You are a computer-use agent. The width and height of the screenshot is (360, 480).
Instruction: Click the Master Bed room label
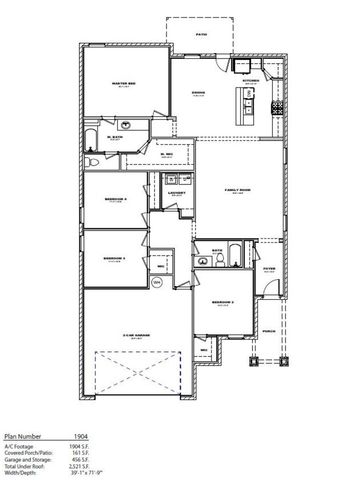point(123,83)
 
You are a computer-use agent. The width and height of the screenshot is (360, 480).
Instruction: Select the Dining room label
point(198,94)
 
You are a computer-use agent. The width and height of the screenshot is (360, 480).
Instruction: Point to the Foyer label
point(268,269)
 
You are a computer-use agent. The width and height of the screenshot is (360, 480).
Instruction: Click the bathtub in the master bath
point(93,139)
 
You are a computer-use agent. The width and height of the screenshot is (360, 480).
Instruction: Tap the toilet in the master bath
point(91,160)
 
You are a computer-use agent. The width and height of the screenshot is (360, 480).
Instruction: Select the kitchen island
point(242,102)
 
